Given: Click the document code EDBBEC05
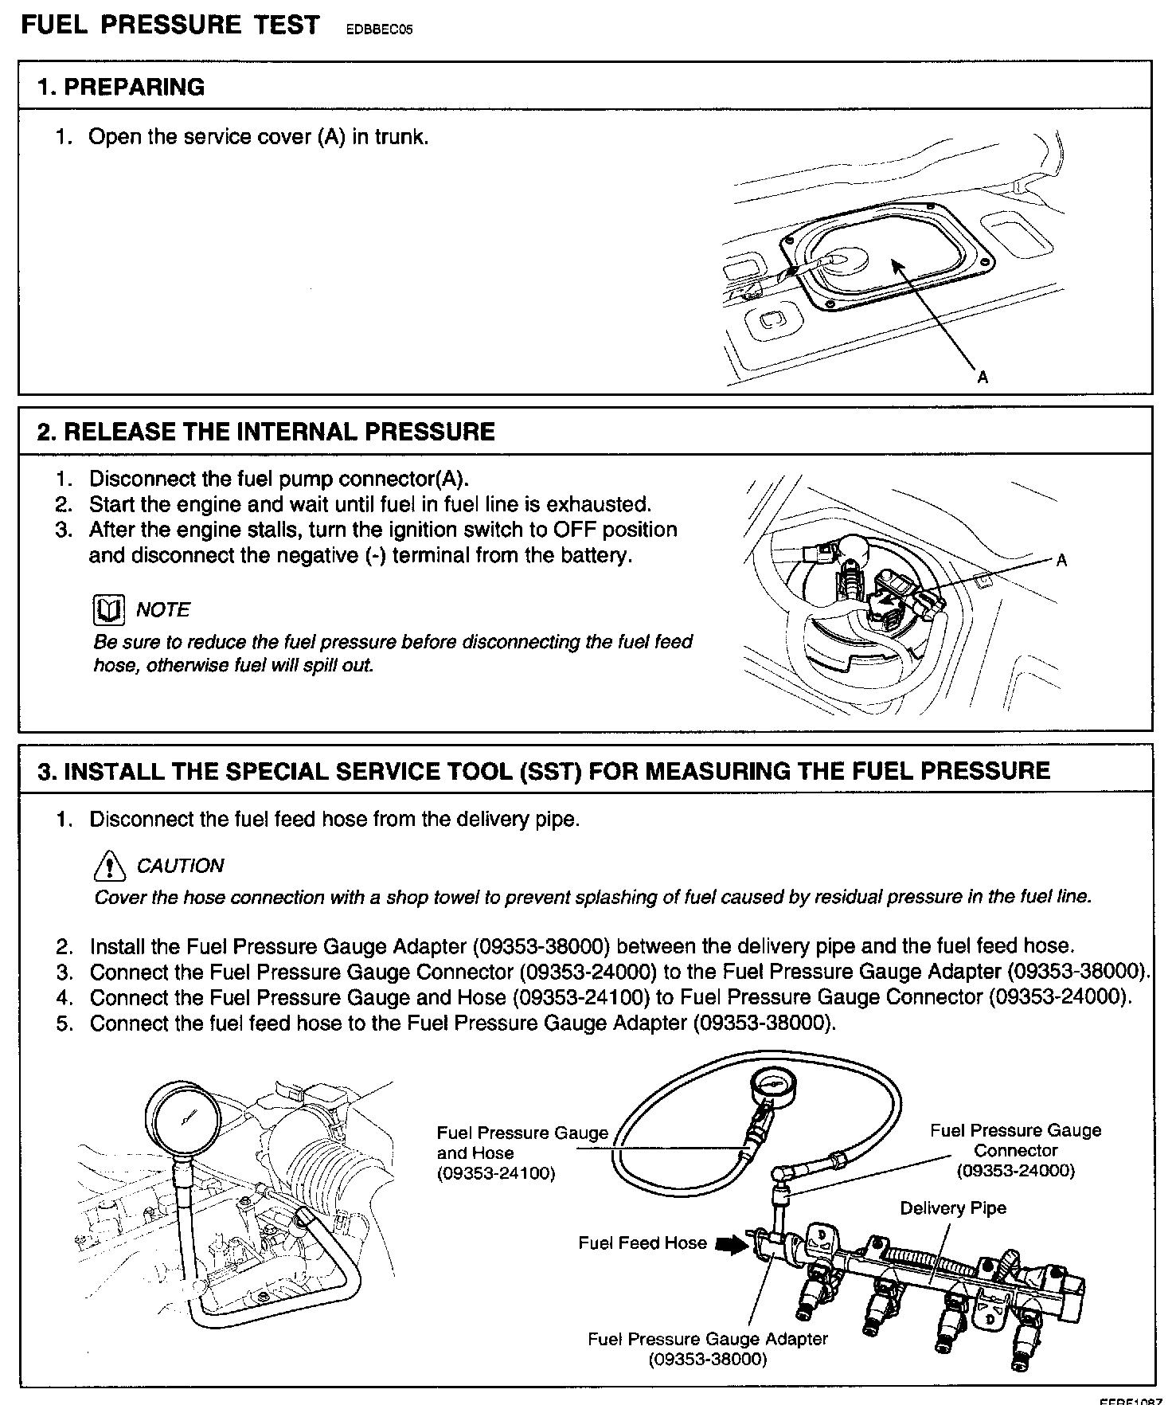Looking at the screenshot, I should click(x=379, y=30).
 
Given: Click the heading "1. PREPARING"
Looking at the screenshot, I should click(x=121, y=87).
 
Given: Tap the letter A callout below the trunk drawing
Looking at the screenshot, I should click(x=983, y=378).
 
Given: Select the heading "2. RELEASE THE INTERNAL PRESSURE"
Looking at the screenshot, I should click(x=266, y=432).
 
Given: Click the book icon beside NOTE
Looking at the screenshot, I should click(x=108, y=611).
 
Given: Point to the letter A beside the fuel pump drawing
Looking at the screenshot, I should click(x=1061, y=561).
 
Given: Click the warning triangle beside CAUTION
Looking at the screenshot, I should click(x=109, y=866).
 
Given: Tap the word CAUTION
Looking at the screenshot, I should click(x=180, y=866).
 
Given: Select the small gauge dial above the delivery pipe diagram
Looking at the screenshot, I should click(x=770, y=1086).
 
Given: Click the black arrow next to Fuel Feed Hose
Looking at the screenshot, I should click(x=729, y=1243).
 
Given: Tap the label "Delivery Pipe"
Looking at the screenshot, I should click(x=953, y=1208).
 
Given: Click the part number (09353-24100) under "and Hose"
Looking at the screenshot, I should click(x=496, y=1173).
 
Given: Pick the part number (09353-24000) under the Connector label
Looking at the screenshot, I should click(x=1015, y=1170).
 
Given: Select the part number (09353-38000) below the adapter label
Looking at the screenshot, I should click(x=708, y=1359).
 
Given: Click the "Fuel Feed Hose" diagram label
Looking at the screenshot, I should click(x=642, y=1243).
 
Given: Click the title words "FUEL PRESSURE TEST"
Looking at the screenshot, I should click(x=170, y=25).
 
